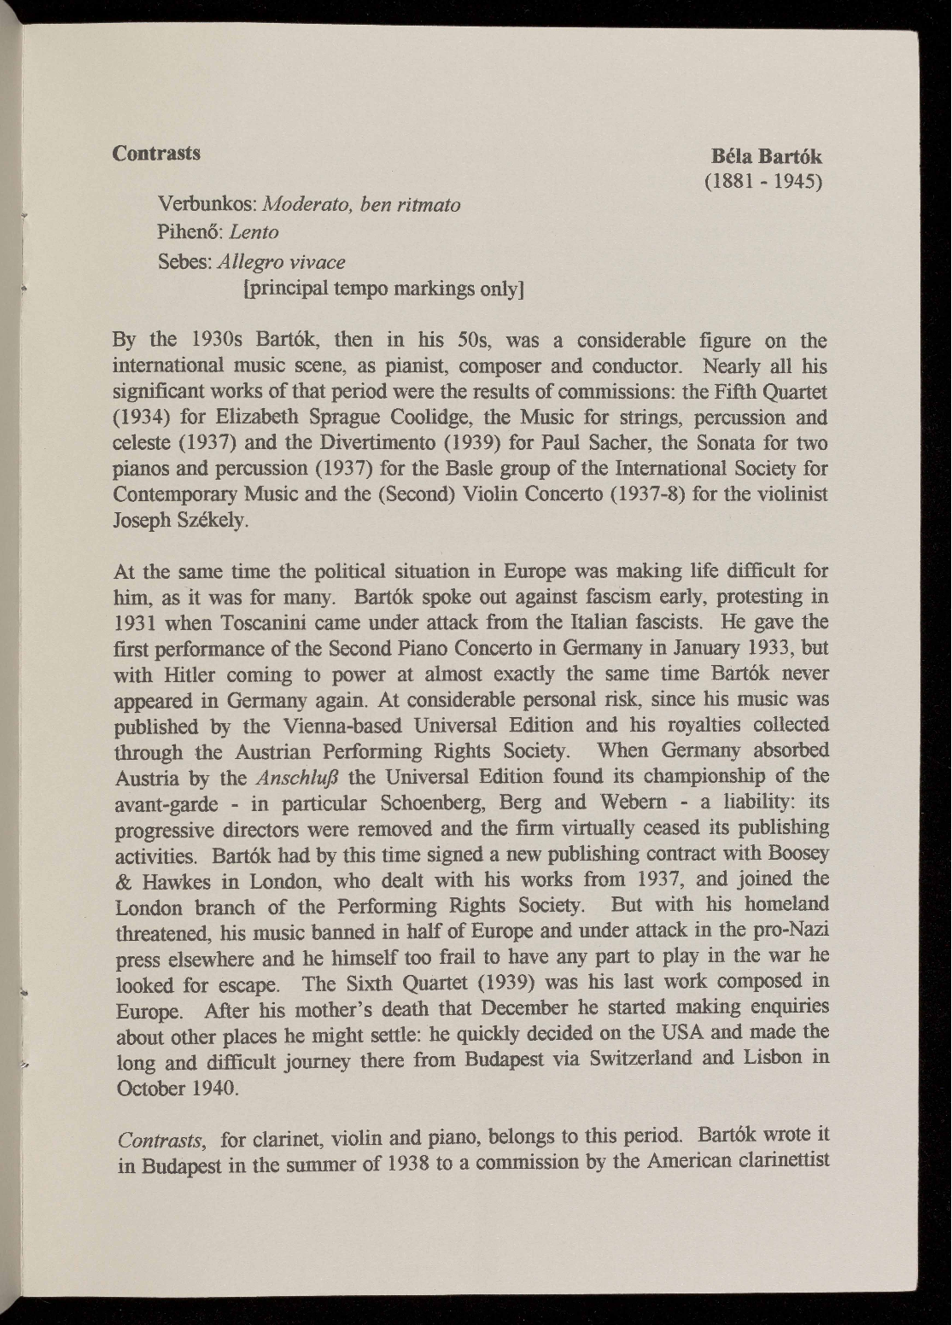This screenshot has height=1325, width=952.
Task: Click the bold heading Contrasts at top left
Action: click(157, 153)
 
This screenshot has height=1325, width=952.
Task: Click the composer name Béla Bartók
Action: click(766, 157)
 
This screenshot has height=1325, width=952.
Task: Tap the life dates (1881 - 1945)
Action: click(762, 182)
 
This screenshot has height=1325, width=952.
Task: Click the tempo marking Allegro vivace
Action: click(283, 260)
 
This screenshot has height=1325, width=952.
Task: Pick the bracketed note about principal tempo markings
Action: click(383, 289)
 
